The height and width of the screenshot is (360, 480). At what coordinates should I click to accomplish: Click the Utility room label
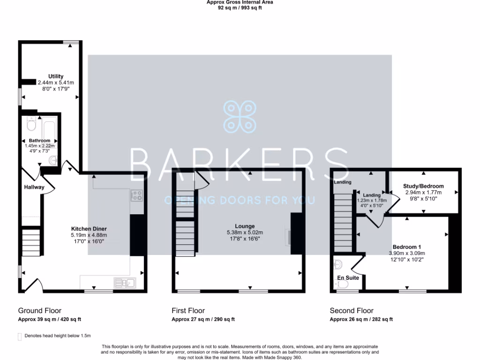56,76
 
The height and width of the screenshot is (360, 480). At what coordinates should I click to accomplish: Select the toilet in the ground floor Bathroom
31,124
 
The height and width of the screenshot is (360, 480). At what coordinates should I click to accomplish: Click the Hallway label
34,187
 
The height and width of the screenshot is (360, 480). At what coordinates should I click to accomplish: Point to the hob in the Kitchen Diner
136,195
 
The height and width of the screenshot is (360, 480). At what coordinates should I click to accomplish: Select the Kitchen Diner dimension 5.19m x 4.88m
89,235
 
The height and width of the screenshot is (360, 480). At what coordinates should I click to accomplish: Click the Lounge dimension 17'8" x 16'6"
245,239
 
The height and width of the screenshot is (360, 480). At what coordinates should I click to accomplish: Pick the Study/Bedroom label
423,186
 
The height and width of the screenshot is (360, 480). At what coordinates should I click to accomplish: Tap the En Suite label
348,277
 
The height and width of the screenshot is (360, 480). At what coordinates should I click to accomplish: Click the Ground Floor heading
39,310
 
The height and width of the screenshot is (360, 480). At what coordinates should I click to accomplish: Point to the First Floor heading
189,310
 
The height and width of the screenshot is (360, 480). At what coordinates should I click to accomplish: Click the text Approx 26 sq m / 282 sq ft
361,319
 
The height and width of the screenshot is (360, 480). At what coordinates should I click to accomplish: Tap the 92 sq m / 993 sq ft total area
240,8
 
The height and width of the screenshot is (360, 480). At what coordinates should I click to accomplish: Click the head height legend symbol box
19,336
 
